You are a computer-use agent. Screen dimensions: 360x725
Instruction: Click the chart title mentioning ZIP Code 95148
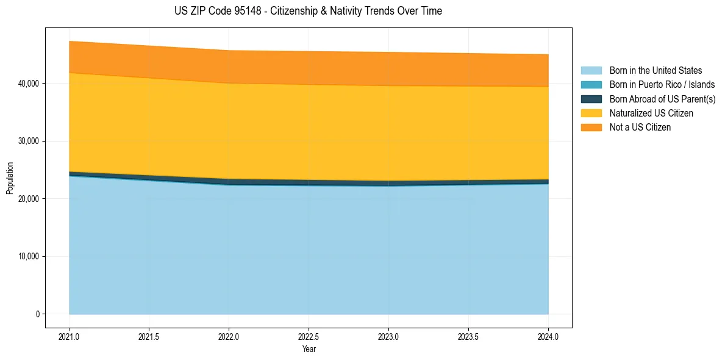click(x=308, y=11)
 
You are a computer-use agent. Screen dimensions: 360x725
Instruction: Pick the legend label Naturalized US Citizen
click(x=651, y=113)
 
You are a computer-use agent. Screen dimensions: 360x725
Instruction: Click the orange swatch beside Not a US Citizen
click(x=591, y=128)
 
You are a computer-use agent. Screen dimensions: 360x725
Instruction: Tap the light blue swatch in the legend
click(x=591, y=71)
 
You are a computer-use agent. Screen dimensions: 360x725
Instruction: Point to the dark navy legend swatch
click(x=591, y=99)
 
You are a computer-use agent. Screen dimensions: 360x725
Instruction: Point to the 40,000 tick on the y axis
click(x=29, y=83)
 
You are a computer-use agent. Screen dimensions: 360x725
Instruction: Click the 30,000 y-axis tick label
click(x=29, y=141)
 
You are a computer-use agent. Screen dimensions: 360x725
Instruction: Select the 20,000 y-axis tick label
click(x=29, y=199)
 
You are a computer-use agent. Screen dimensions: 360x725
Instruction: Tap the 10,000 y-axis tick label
click(x=29, y=256)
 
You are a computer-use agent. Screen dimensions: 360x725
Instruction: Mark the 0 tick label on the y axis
click(x=37, y=314)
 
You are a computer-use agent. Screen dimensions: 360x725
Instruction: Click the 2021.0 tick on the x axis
click(x=70, y=336)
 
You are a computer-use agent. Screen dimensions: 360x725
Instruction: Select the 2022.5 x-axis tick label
click(x=309, y=336)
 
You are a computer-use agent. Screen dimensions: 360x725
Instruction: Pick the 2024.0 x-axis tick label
click(x=548, y=336)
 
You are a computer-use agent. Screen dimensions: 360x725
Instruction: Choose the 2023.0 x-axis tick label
click(x=388, y=336)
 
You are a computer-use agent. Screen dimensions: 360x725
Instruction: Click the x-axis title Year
click(x=309, y=349)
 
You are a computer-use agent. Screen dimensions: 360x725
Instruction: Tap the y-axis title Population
click(x=10, y=178)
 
